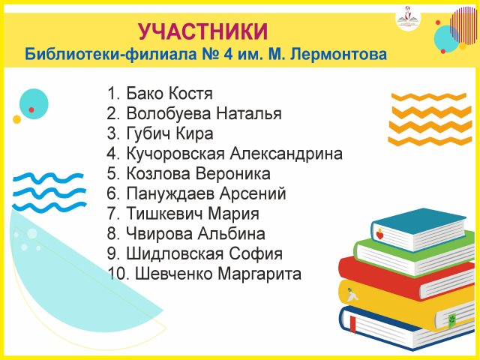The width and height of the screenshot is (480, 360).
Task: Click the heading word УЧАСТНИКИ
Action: coord(203,31)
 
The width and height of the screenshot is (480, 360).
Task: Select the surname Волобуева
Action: coord(169,113)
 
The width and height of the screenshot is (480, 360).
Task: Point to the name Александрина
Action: coord(286,153)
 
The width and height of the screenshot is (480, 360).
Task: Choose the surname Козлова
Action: coord(158,173)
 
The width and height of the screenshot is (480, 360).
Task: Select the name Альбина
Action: coord(232,234)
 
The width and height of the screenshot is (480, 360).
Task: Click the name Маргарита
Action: coord(259,274)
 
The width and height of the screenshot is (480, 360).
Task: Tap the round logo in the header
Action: coord(408,18)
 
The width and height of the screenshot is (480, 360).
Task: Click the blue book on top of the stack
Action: coord(418,229)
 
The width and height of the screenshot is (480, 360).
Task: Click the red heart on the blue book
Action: coord(379,235)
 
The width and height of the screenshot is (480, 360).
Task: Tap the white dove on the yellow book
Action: coord(352,295)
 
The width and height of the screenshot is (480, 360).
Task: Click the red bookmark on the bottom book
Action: coord(353,325)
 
